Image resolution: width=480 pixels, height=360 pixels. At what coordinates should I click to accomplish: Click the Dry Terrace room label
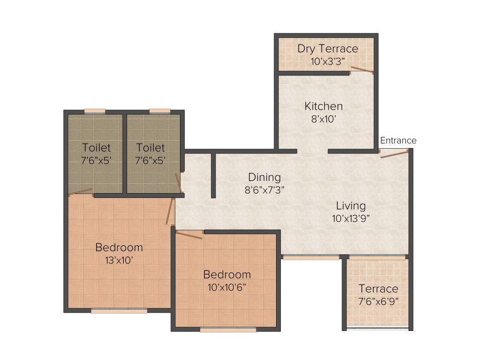click(328, 49)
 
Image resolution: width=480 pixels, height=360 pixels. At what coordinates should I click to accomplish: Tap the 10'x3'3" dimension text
click(328, 61)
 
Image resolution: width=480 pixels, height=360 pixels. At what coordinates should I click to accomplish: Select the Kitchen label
click(323, 106)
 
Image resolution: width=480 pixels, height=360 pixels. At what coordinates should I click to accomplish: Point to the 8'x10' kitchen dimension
click(323, 119)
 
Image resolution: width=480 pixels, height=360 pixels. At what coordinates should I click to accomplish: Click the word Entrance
click(398, 141)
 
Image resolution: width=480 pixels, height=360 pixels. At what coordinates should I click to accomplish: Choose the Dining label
click(264, 178)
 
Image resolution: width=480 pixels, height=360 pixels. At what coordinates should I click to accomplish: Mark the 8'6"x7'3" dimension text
click(264, 190)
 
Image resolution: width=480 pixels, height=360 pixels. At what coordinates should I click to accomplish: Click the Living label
click(351, 206)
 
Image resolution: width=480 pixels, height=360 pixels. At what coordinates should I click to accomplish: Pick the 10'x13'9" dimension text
click(351, 218)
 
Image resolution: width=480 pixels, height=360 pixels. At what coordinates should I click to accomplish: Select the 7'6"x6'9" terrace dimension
click(378, 301)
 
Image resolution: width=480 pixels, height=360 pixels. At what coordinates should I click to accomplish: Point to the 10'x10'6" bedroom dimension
click(227, 287)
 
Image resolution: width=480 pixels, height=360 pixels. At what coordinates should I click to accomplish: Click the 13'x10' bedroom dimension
click(119, 260)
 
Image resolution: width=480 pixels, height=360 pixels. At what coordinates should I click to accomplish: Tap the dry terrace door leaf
click(362, 70)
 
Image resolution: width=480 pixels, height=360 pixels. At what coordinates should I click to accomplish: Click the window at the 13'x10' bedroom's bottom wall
click(119, 310)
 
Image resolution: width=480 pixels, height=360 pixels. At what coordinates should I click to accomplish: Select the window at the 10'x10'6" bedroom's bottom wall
click(228, 330)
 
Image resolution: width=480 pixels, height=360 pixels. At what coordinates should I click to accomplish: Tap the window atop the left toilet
click(95, 111)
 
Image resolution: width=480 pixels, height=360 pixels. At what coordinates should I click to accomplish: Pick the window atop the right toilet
click(160, 111)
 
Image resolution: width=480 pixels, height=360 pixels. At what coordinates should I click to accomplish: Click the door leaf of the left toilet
click(80, 191)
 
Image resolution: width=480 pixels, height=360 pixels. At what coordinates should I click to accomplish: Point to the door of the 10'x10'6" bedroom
click(189, 234)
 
